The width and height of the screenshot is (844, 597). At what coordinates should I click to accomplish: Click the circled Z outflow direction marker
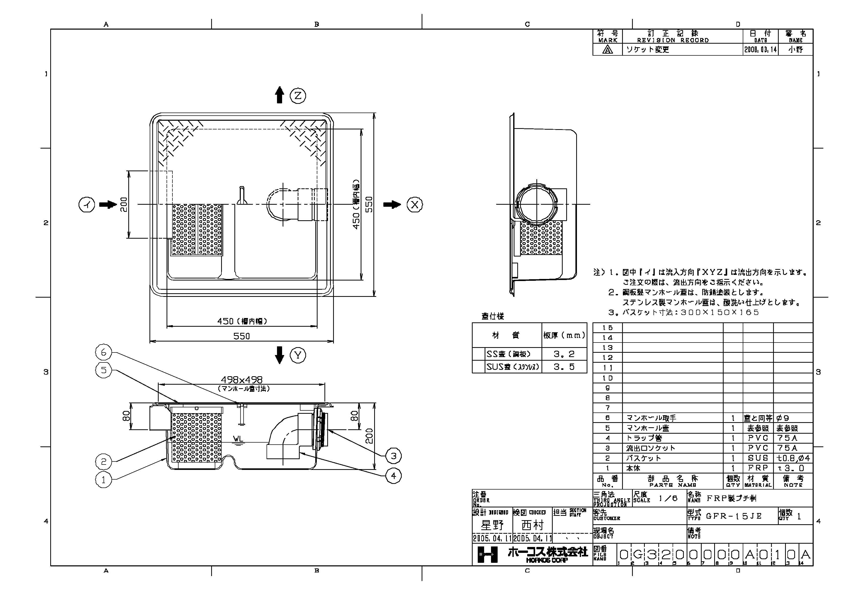(298, 96)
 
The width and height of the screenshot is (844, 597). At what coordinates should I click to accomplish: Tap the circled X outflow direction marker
(415, 204)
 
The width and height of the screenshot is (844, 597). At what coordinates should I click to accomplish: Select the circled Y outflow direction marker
(298, 355)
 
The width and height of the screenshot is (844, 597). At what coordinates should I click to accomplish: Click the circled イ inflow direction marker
(87, 204)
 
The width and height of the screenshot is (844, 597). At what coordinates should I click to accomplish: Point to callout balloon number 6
(104, 352)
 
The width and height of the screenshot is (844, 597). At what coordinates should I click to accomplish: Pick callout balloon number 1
(104, 480)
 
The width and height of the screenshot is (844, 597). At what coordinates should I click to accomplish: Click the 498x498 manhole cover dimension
(242, 380)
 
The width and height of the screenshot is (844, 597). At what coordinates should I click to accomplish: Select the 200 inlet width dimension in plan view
(124, 204)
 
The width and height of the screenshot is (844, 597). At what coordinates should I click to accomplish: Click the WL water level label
(238, 439)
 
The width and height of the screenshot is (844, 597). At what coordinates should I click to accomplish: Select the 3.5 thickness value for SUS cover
(564, 367)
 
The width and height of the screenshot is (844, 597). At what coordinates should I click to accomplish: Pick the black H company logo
(487, 554)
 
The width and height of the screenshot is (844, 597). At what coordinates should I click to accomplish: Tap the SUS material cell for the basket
(758, 458)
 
